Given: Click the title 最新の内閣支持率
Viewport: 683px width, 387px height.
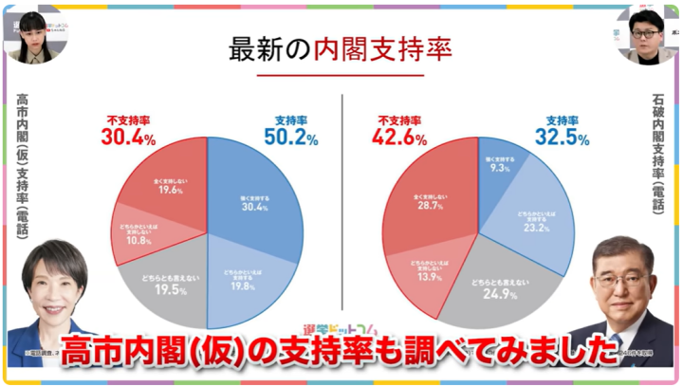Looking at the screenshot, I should [340, 50].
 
